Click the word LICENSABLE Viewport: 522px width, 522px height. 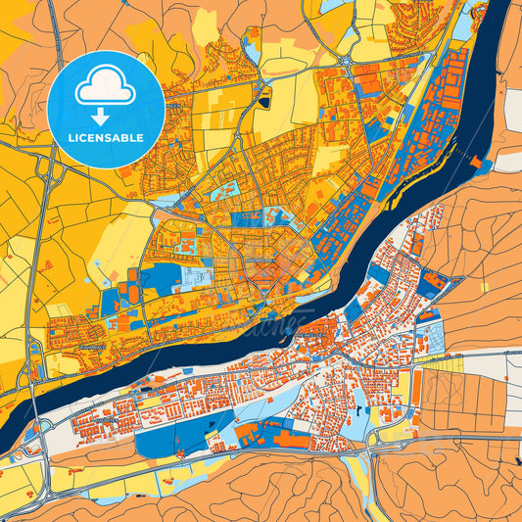(105, 137)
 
